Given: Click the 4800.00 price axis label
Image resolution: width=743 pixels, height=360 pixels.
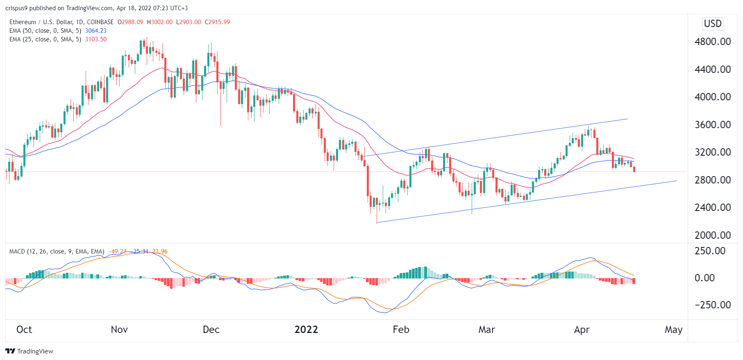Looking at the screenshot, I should pos(712,42).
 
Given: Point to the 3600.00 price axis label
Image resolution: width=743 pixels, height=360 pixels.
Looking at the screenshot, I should pos(712,125).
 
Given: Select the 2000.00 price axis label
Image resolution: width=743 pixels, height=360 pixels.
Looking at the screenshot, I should pos(712,235).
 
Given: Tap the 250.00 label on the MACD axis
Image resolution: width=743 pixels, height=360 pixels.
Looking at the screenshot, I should pos(710,251).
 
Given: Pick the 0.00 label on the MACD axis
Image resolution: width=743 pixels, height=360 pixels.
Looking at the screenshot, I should pos(704,278).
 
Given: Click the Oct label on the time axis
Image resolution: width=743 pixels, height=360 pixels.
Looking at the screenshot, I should pos(24,330).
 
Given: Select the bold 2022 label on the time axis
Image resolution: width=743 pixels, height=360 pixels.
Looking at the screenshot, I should pos(306,330).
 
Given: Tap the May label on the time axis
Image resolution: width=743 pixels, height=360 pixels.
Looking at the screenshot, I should pos(673,330).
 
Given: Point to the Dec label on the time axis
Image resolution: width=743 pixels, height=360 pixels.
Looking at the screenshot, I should pos(211,330).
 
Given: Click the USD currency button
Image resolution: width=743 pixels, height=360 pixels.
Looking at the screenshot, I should pos(712,24).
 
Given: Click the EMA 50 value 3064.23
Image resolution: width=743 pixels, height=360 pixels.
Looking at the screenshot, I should pos(95,31).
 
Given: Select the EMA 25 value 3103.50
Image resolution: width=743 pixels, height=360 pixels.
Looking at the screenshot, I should pos(95,39).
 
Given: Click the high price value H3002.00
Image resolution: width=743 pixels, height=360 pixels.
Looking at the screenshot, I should pos(160,22).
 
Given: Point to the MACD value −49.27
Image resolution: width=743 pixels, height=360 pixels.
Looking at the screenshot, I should pos(117,251).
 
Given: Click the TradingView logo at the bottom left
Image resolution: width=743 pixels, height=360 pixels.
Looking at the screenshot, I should pos(29,351).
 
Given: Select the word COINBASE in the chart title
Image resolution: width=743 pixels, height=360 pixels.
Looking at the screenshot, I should pos(100,22).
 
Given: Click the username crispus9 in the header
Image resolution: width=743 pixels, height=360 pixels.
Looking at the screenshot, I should pos(16,8).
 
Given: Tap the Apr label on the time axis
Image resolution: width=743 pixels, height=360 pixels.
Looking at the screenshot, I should pos(582,330).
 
